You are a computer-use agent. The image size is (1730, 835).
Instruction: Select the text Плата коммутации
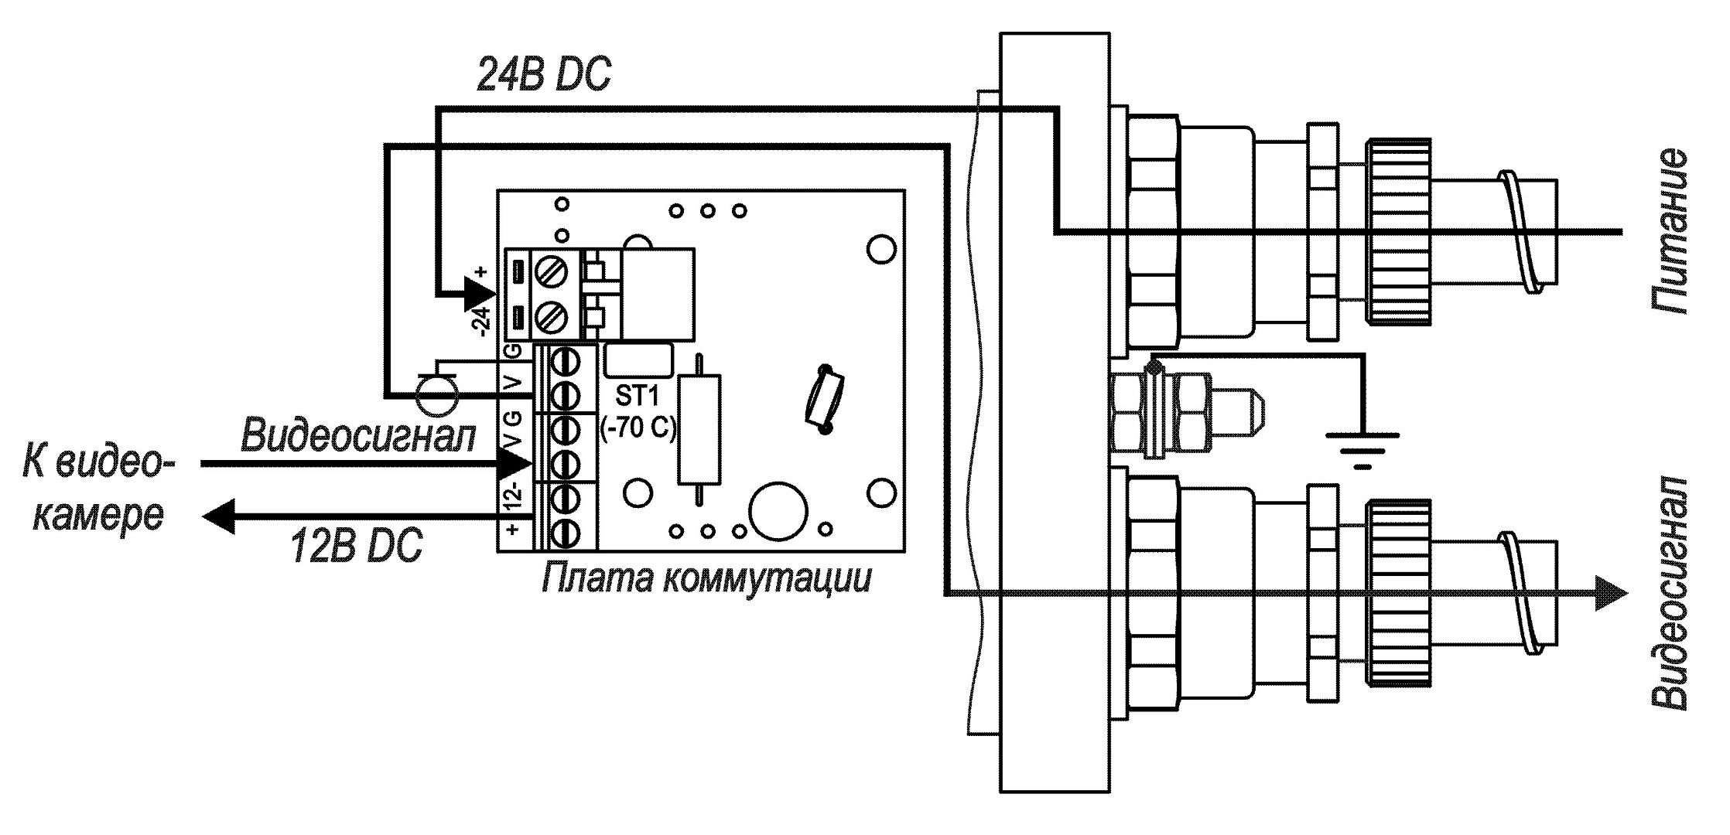pos(706,577)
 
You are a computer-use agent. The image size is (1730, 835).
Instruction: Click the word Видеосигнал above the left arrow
pos(358,435)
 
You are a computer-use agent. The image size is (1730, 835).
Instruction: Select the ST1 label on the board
pos(636,397)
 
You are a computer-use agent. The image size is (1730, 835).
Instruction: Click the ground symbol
pos(1362,448)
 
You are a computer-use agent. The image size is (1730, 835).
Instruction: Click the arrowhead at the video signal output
pos(1609,594)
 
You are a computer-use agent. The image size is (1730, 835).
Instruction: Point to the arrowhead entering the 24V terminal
pos(478,294)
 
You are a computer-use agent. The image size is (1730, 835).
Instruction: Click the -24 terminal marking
pos(481,319)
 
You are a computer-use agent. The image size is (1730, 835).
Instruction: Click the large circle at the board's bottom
pos(779,510)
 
